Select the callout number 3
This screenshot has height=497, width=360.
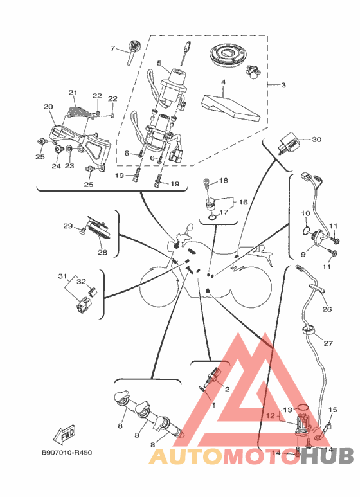283,85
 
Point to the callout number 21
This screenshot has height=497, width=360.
73,93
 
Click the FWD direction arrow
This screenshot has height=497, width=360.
64,434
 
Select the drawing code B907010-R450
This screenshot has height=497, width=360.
67,452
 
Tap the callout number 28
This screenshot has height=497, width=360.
102,253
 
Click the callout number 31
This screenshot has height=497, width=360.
62,276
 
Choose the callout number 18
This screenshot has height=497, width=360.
224,181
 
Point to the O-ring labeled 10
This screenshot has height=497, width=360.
305,230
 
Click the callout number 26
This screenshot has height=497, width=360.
327,309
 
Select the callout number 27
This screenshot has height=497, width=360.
328,343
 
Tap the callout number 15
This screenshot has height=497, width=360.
333,410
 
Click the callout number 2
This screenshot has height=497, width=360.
227,389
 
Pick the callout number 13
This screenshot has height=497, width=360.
287,410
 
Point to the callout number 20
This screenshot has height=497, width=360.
48,107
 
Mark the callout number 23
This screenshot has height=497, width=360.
69,166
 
